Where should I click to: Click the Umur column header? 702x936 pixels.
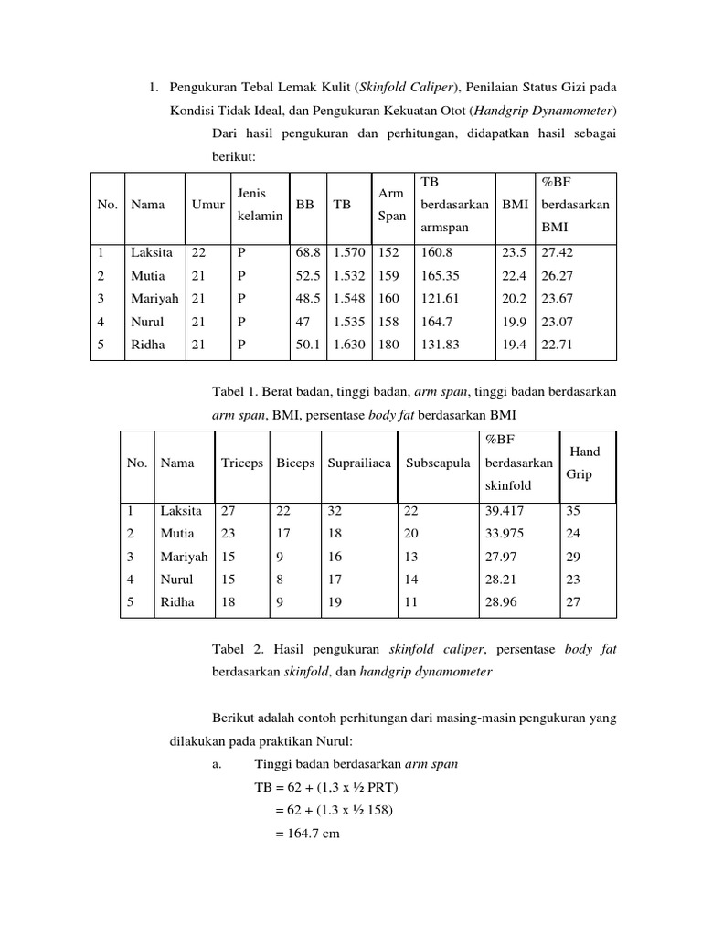208,206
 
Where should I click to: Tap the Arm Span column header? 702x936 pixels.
390,206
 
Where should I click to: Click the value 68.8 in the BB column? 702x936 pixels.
308,252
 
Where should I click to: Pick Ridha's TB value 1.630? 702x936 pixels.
348,344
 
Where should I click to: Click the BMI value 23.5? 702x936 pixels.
515,252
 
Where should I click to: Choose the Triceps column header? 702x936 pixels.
240,463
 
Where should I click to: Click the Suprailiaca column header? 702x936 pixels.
359,463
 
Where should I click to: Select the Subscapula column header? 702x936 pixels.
438,463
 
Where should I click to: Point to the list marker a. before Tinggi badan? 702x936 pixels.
216,764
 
